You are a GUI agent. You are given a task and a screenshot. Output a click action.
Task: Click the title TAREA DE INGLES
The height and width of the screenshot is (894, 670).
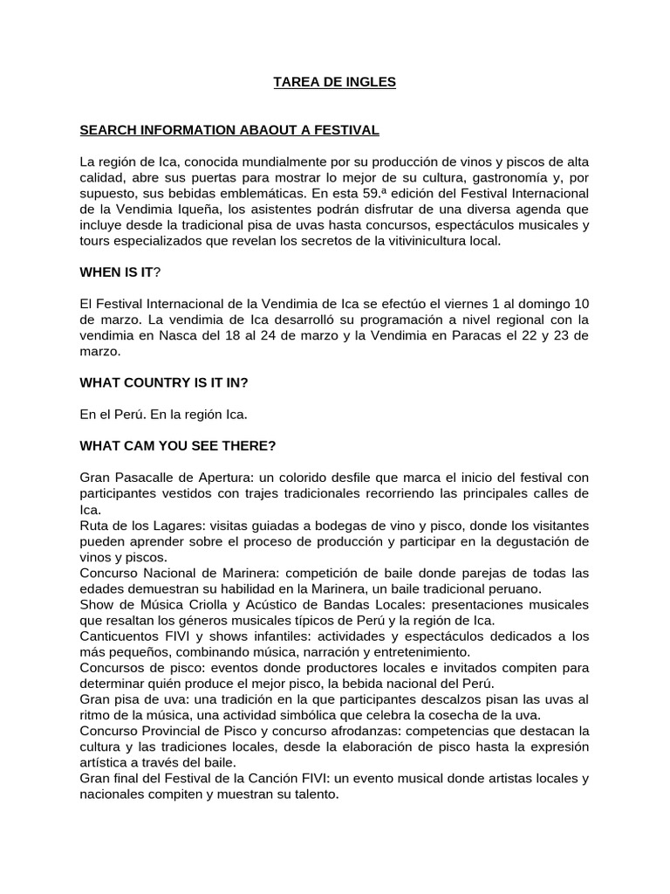point(335,82)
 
